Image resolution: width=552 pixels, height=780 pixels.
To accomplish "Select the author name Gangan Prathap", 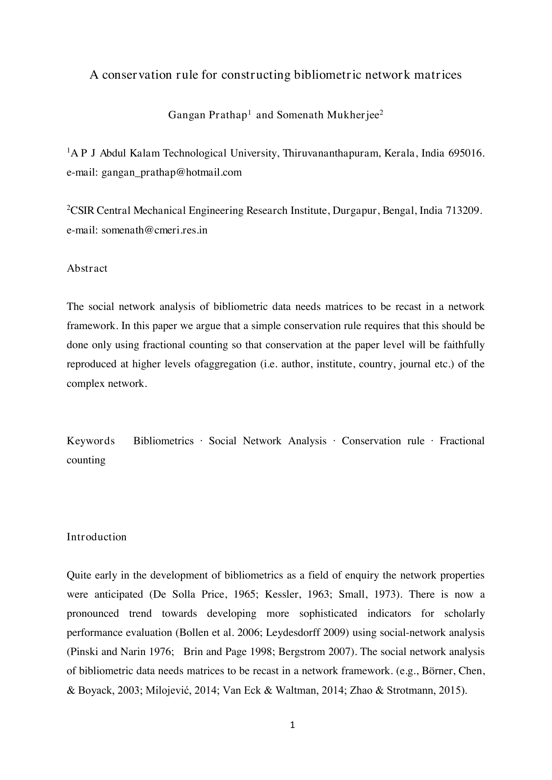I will point(207,115).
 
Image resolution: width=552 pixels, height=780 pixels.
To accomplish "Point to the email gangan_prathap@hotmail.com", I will point(172,173).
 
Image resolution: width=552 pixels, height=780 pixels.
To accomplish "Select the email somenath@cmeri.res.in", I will point(154,230).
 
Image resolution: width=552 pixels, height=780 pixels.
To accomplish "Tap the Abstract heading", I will point(87,269).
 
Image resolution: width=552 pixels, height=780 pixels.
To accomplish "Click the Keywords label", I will point(91,441).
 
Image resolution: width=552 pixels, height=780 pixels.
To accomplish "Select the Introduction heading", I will point(97,537).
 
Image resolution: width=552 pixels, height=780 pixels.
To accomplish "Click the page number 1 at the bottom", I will point(292,725).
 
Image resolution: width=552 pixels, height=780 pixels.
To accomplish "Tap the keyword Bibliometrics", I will point(164,441).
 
